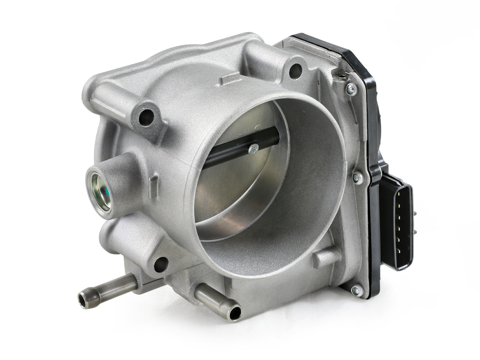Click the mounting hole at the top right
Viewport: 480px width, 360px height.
(295, 71)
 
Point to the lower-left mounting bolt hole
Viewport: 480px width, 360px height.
(161, 264)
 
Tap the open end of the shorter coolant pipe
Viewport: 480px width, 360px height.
(234, 313)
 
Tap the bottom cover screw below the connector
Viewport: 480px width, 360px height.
(357, 291)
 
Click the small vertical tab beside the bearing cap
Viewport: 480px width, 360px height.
(153, 185)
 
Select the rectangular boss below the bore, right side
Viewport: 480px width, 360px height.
(326, 257)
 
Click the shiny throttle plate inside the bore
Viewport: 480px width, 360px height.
(233, 186)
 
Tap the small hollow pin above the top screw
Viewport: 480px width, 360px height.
(339, 74)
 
